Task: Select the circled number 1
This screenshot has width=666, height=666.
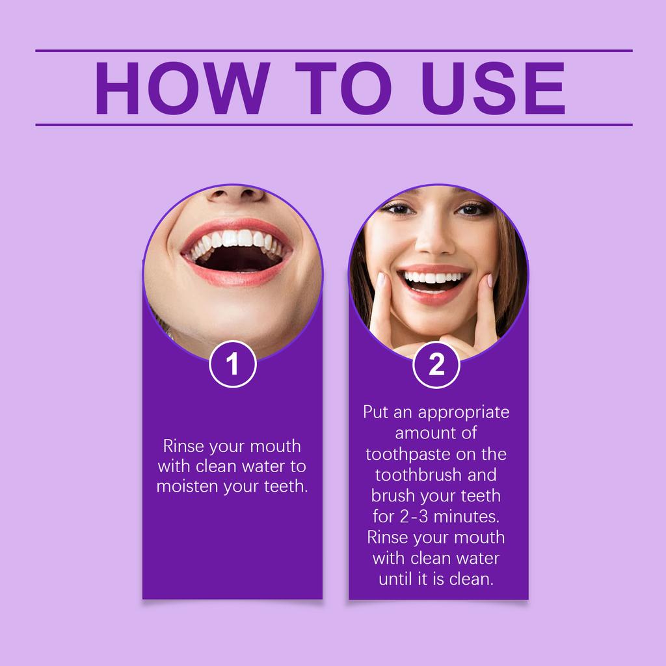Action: click(x=232, y=364)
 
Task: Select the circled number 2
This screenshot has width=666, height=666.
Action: click(x=436, y=365)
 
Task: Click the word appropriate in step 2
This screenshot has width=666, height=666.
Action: click(x=463, y=412)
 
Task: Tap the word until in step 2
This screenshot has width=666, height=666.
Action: click(x=395, y=578)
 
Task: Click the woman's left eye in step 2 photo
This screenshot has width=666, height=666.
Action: click(x=473, y=209)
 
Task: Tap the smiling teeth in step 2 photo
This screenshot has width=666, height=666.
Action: click(x=434, y=278)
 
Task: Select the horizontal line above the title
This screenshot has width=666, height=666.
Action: click(x=333, y=50)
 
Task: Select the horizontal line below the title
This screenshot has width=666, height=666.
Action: click(x=333, y=124)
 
